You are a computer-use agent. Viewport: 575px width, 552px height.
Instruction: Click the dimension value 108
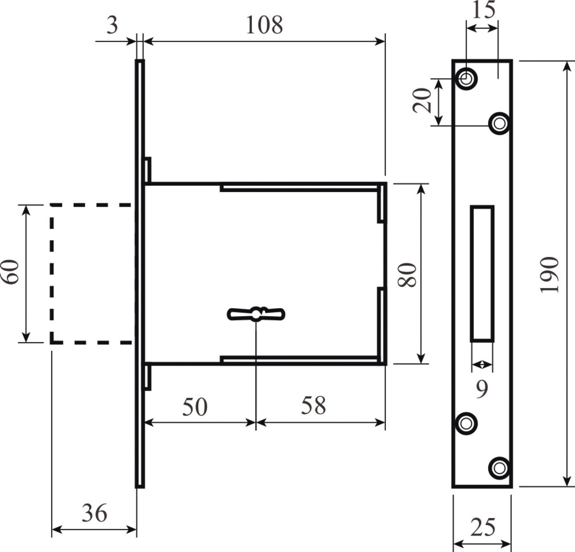pos(264,25)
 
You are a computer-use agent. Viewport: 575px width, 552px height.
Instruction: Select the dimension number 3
pos(112,25)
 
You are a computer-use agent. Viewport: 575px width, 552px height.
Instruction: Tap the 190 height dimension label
pos(549,275)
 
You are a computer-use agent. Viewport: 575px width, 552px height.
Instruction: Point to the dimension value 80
pos(407,275)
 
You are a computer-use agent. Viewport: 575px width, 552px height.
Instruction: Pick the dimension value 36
pos(94,513)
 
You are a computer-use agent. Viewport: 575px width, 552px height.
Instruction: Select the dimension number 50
pos(195,407)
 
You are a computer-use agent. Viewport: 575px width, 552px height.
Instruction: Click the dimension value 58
pos(313,406)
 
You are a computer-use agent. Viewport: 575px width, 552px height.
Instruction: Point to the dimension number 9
pos(482,389)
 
